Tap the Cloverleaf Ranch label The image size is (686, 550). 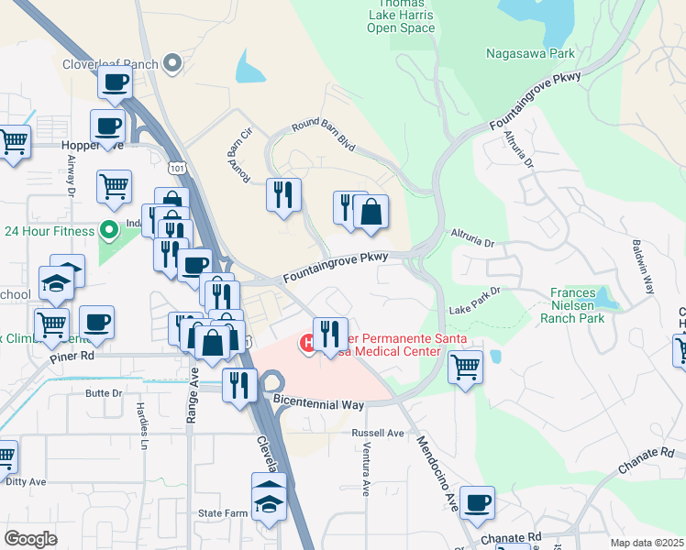(109, 64)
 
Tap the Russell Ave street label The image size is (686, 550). (382, 433)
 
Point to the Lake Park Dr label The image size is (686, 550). (474, 302)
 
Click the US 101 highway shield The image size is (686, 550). (177, 168)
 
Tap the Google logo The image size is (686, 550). (30, 539)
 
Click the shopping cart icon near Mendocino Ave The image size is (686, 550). (465, 367)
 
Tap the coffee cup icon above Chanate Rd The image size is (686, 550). (477, 502)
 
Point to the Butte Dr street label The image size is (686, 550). (104, 392)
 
